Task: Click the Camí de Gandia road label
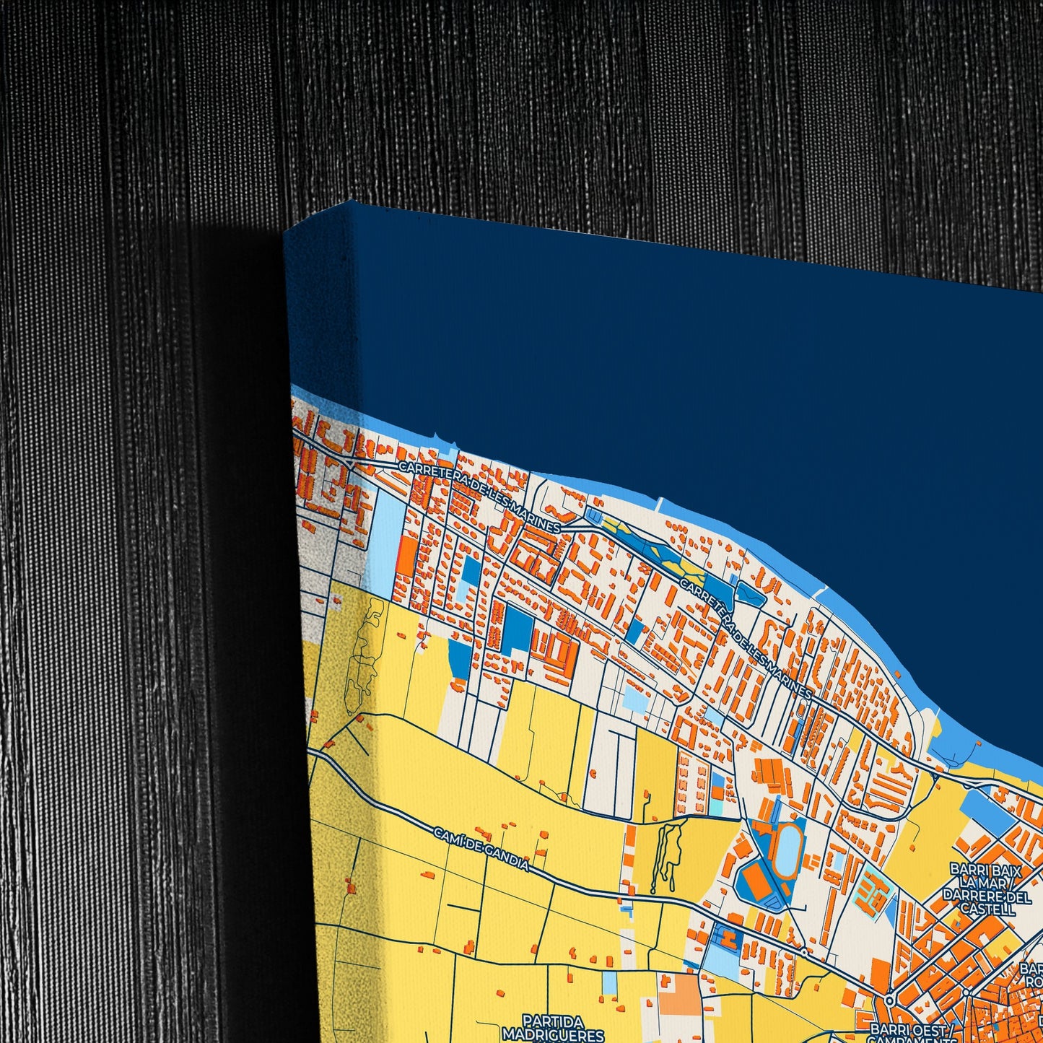pos(481,849)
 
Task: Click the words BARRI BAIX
pos(985,870)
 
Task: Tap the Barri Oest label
pos(912,1029)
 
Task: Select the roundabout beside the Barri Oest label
pos(890,1000)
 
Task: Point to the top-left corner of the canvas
pos(286,232)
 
